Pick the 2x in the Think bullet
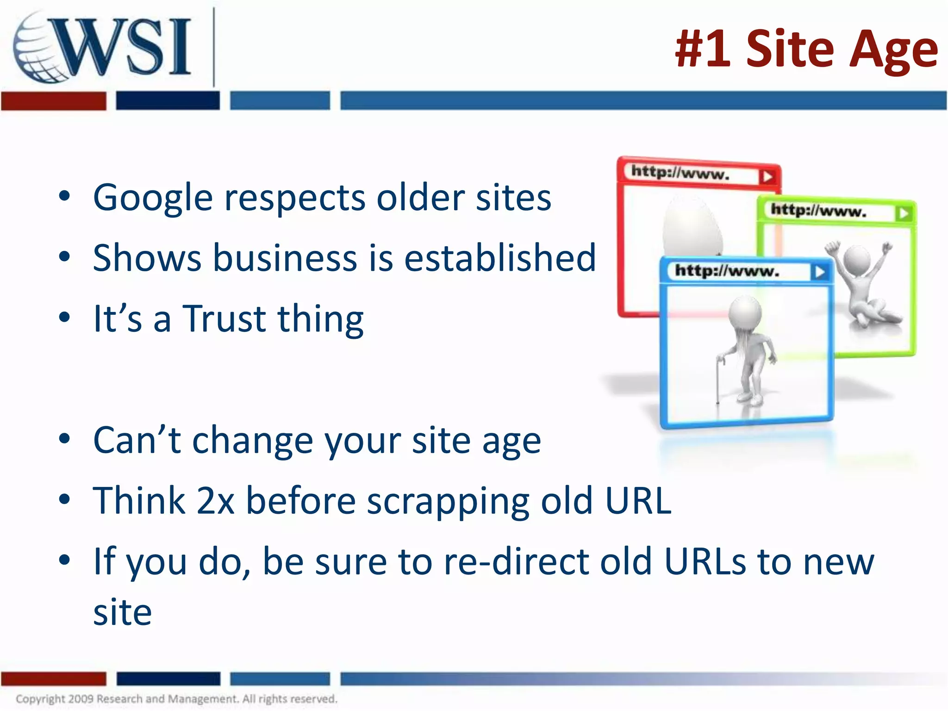click(215, 501)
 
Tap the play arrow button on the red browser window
click(767, 176)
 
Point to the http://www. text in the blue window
click(727, 271)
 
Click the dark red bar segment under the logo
click(53, 101)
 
